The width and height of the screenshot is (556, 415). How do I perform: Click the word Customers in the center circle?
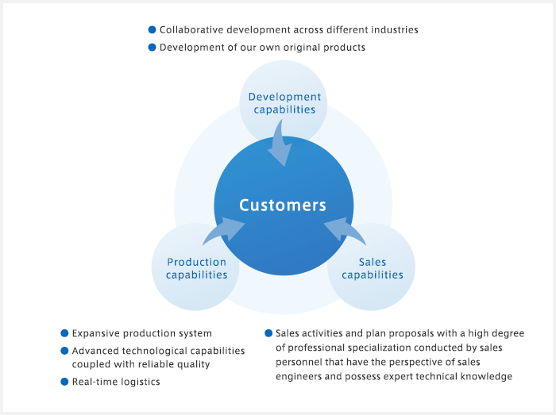pyautogui.click(x=283, y=205)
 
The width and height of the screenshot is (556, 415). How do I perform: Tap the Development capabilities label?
pyautogui.click(x=284, y=103)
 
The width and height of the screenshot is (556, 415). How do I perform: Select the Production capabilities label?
pyautogui.click(x=196, y=268)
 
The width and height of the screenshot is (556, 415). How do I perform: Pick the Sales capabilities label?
pyautogui.click(x=373, y=268)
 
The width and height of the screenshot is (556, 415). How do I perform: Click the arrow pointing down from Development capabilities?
pyautogui.click(x=280, y=144)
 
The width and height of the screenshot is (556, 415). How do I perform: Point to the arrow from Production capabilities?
pyautogui.click(x=224, y=230)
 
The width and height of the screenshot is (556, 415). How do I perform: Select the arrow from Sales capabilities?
pyautogui.click(x=344, y=230)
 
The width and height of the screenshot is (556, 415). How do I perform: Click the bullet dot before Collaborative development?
pyautogui.click(x=153, y=29)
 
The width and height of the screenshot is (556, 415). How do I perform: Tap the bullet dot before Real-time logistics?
pyautogui.click(x=64, y=382)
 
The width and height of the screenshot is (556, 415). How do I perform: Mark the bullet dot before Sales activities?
pyautogui.click(x=268, y=333)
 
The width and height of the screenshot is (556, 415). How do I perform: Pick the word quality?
pyautogui.click(x=195, y=365)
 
